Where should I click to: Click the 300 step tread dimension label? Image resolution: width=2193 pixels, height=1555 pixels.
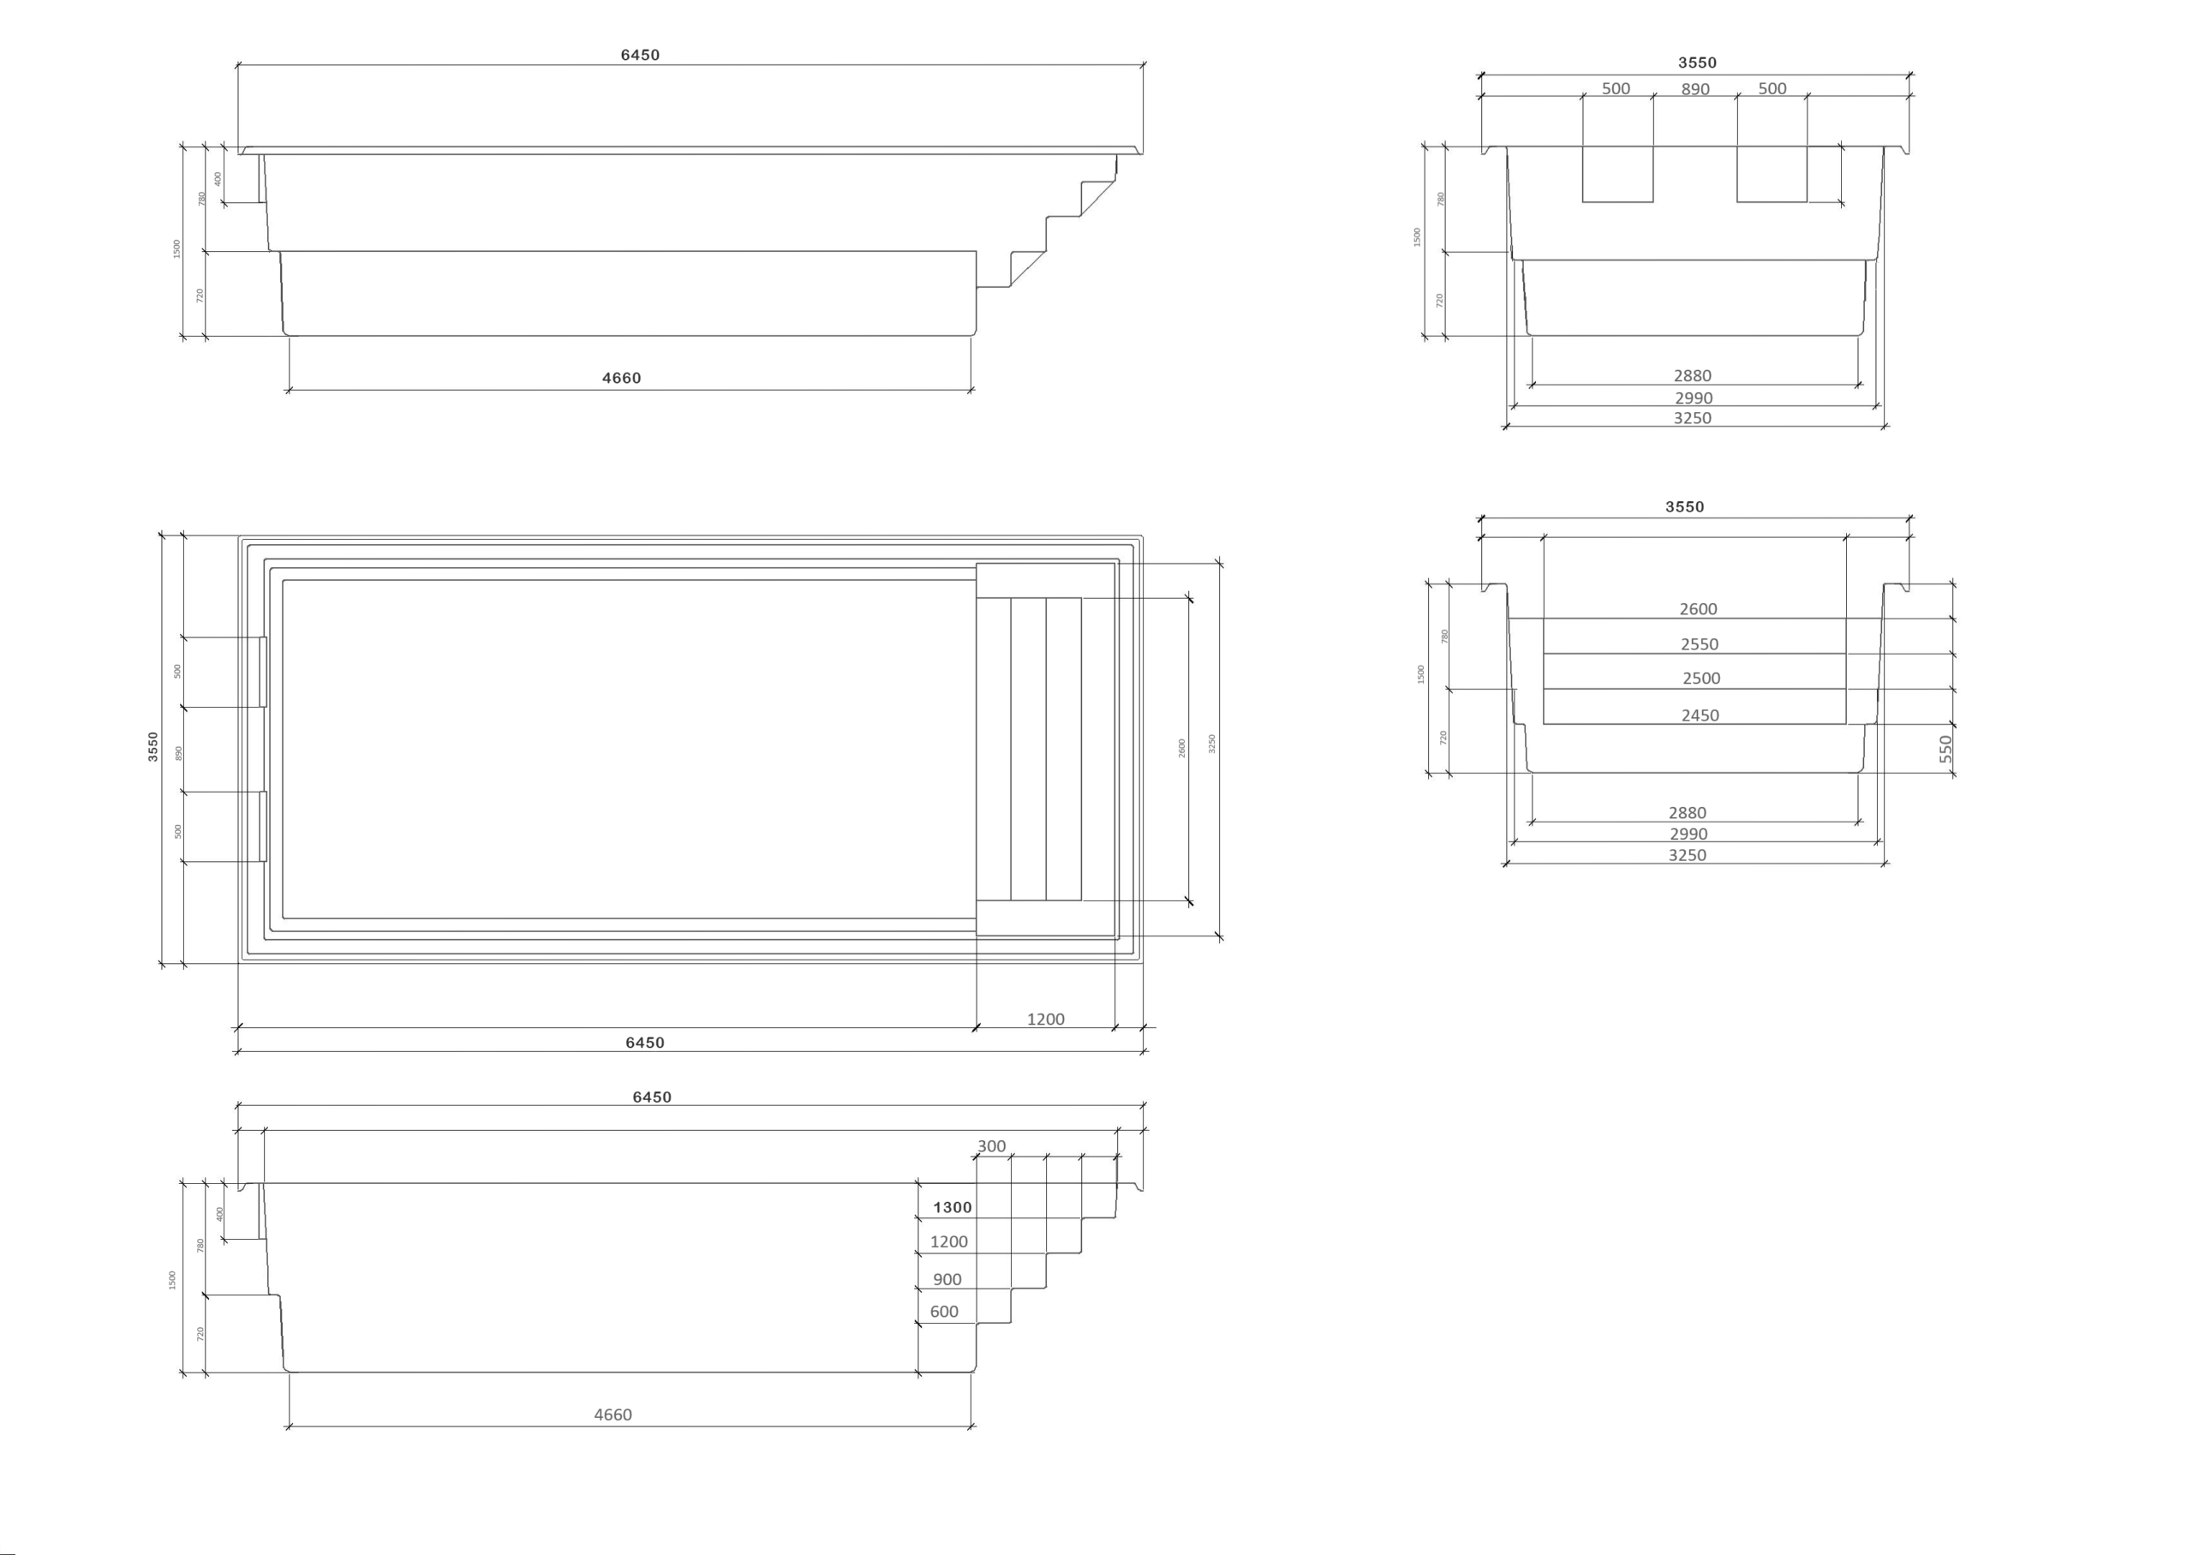(992, 1146)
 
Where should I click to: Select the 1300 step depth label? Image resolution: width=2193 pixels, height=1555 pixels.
(953, 1207)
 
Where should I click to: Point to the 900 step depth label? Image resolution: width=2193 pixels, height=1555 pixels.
(947, 1279)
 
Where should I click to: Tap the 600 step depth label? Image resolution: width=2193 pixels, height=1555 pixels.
(944, 1312)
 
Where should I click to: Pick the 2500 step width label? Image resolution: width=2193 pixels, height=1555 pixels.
(1702, 678)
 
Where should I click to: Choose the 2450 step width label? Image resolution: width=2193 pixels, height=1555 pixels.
(1700, 715)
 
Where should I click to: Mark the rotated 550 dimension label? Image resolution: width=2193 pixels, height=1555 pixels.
(1946, 749)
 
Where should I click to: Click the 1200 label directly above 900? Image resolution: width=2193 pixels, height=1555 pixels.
(948, 1242)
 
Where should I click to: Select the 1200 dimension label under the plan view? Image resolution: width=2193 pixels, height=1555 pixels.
(1045, 1019)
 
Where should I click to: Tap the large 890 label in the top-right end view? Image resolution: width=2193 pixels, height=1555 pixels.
(1695, 89)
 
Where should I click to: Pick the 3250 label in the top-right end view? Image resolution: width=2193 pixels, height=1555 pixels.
(1693, 417)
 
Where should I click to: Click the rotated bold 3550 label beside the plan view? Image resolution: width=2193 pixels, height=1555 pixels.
(153, 747)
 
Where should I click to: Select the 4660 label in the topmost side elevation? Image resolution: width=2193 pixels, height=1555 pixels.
(621, 378)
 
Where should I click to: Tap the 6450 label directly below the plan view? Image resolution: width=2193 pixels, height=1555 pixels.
(644, 1043)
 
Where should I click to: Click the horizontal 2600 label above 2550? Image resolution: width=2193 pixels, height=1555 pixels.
(1698, 609)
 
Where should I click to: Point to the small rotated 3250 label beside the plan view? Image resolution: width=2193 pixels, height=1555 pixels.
(1212, 744)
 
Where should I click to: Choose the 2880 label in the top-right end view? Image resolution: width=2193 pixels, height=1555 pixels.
(1693, 375)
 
